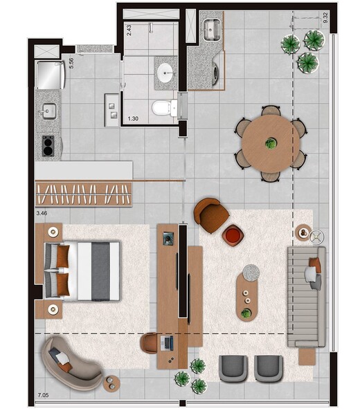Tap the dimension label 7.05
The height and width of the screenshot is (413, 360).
coord(42,397)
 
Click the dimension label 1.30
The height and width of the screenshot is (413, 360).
coord(132,119)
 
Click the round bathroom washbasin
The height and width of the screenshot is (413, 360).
coord(165,71)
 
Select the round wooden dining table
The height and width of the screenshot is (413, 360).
coord(270,143)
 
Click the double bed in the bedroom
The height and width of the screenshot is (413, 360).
coord(82,270)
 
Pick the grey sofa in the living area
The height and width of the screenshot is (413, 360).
coord(306,295)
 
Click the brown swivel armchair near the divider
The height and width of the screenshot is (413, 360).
coord(210,214)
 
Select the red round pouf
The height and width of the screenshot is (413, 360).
coord(233,235)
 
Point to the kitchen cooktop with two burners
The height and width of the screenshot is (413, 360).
coord(48,145)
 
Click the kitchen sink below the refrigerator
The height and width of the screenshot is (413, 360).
coord(48,111)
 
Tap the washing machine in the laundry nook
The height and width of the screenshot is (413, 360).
coord(217,75)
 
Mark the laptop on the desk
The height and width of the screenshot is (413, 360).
coord(168,342)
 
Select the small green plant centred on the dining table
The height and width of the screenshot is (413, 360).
coord(271,143)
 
